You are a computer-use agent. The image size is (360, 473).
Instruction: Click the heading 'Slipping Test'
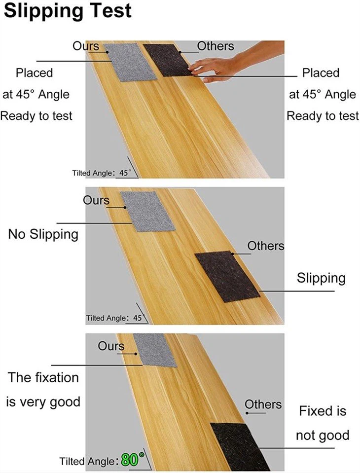tap(68, 11)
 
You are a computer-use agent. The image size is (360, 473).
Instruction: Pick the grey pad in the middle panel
tap(148, 212)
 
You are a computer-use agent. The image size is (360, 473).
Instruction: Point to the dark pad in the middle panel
tap(227, 276)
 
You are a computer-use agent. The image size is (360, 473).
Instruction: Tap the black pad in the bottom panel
tap(240, 446)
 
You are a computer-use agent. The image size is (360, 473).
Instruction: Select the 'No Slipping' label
tap(43, 234)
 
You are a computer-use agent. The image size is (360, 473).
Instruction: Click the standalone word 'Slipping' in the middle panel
tap(321, 278)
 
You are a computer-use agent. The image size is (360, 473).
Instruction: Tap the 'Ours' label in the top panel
tap(86, 46)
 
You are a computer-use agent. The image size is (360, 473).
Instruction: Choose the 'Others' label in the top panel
tap(216, 46)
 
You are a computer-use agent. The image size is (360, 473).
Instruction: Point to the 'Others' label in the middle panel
tap(266, 246)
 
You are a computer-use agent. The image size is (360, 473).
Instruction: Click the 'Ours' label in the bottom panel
tap(111, 346)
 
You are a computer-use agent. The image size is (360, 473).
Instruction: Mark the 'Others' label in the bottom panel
tap(263, 404)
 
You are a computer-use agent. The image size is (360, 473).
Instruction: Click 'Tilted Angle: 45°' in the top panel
tap(102, 173)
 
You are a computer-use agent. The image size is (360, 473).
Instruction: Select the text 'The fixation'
tap(43, 377)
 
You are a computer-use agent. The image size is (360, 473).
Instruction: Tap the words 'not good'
tap(323, 436)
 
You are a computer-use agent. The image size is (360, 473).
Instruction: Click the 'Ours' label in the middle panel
tap(96, 200)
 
